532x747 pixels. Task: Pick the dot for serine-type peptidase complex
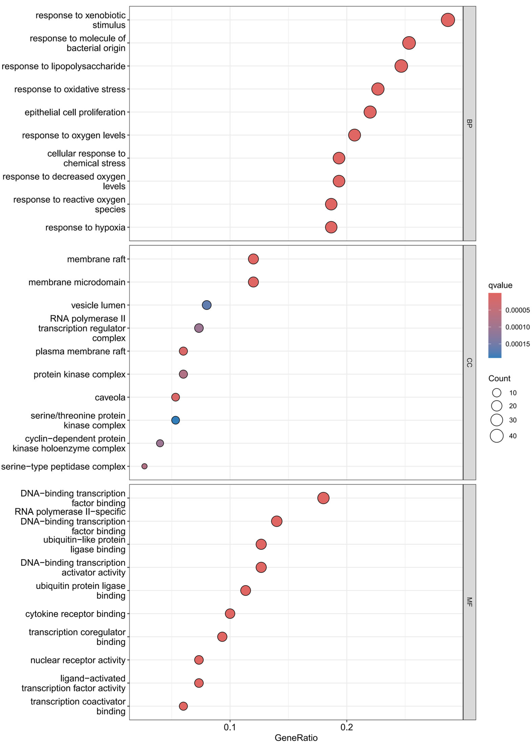(x=145, y=466)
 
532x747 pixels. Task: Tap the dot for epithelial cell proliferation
(x=370, y=112)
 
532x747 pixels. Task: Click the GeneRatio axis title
(x=296, y=738)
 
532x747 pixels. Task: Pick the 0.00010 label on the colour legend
(x=517, y=327)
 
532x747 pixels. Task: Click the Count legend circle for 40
(x=497, y=436)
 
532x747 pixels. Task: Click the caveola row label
(x=110, y=397)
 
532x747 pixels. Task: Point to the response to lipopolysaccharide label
(x=64, y=66)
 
